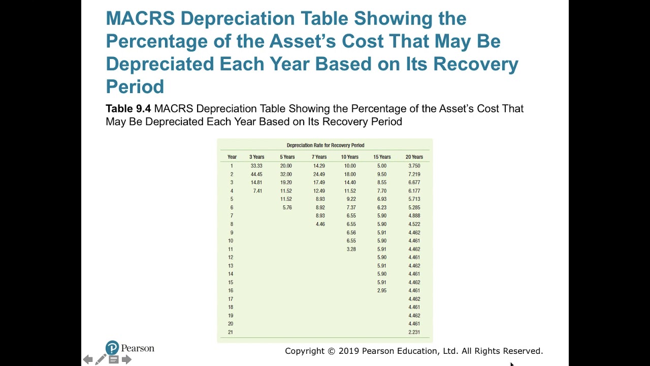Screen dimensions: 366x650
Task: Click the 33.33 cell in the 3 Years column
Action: [256, 166]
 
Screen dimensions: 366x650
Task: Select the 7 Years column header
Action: [319, 157]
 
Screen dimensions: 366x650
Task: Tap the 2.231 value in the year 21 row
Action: [414, 332]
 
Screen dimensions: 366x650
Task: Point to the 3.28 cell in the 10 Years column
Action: [351, 249]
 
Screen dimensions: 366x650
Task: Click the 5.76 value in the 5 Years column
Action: [287, 207]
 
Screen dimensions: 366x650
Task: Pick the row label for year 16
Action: [231, 291]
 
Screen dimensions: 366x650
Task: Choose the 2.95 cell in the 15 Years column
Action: [382, 291]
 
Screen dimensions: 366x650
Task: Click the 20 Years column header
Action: [414, 157]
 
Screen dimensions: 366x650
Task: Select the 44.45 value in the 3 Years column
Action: [256, 174]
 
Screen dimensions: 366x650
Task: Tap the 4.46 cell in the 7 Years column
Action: [320, 224]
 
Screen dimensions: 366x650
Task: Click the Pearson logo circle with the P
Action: [112, 348]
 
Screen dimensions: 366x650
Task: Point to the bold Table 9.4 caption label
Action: [128, 108]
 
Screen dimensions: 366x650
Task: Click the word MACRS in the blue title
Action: [140, 18]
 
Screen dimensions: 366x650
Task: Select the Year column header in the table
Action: [232, 157]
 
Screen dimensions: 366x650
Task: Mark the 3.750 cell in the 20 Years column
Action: [414, 166]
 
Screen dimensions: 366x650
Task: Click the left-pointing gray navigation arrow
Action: [88, 360]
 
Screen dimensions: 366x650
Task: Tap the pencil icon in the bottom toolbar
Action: [101, 360]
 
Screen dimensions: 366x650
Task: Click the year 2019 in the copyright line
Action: [349, 351]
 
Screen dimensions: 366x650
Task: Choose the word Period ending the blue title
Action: [135, 86]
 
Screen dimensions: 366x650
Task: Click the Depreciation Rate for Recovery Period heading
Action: [325, 145]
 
